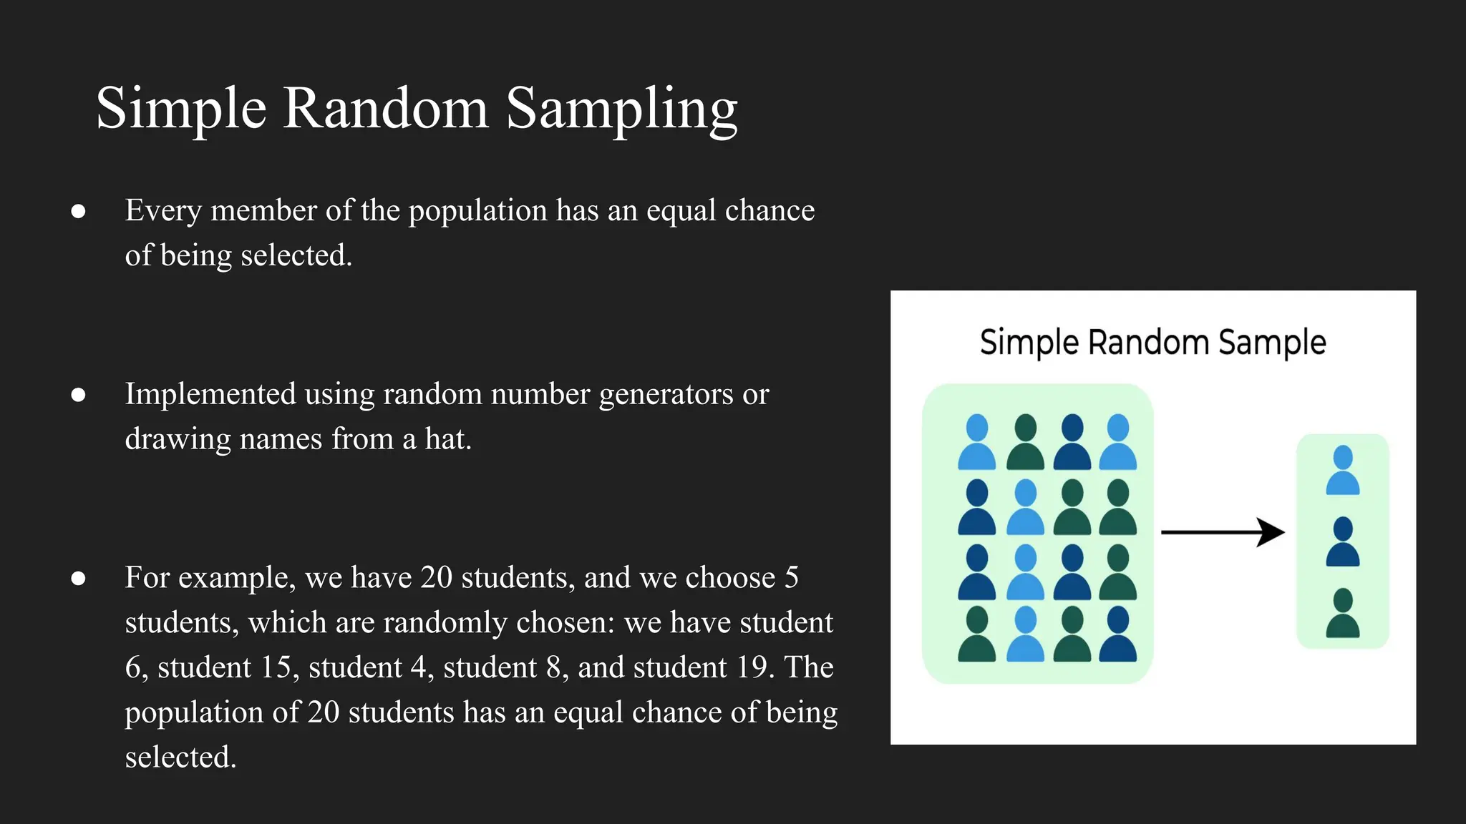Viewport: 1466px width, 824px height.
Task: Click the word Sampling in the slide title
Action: [621, 109]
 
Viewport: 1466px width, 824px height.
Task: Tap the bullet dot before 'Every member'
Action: [79, 211]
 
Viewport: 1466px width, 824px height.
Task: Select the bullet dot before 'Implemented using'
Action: [79, 395]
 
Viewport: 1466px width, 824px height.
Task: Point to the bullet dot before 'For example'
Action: [79, 578]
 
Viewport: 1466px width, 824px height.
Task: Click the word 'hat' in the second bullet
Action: [447, 439]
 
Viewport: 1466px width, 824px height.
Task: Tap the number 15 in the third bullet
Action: [276, 667]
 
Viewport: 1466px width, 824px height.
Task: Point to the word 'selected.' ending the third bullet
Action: [180, 757]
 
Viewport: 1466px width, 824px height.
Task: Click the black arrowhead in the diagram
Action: [1271, 532]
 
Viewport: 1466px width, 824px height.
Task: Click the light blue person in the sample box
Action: [1343, 471]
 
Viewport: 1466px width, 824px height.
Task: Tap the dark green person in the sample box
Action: [1343, 614]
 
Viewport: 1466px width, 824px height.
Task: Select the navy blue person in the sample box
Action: [1343, 542]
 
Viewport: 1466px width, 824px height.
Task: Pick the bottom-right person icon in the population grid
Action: [1117, 634]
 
